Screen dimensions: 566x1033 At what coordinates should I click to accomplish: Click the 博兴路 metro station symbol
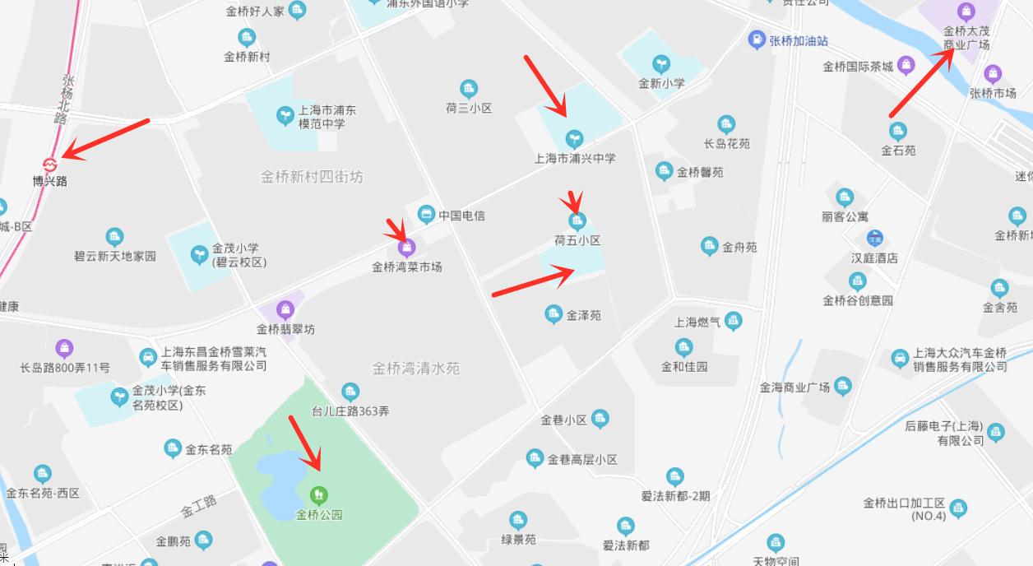click(x=50, y=163)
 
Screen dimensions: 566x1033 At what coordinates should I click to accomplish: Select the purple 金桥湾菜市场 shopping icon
click(x=405, y=248)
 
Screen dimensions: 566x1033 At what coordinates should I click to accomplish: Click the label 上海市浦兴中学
click(x=575, y=158)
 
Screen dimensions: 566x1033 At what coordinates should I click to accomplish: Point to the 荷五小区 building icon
click(x=577, y=220)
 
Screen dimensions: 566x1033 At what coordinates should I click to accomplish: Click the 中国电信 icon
click(x=426, y=215)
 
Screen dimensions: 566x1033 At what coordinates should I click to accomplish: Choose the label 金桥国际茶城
click(x=858, y=67)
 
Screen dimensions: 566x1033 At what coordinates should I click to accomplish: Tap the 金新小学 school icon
click(x=660, y=63)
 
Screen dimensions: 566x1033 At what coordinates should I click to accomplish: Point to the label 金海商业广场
click(x=794, y=387)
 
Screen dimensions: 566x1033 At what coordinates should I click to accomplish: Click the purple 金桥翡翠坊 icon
click(x=285, y=310)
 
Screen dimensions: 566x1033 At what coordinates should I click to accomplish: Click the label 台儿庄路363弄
click(x=350, y=411)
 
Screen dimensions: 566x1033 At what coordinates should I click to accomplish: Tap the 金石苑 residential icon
click(x=898, y=131)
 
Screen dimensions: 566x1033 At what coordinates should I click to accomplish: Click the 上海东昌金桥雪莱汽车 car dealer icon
click(x=148, y=357)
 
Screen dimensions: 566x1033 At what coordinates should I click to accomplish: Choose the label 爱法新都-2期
click(x=675, y=495)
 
